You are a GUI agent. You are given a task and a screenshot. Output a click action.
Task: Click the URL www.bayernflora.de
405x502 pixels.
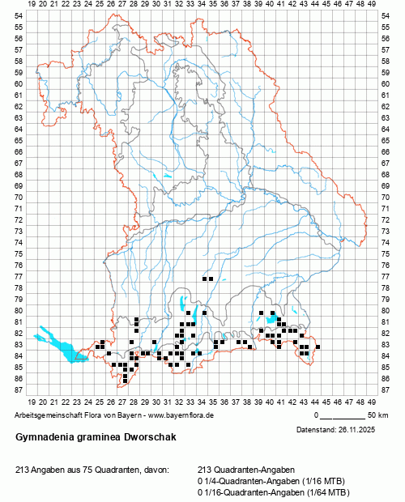click(183, 415)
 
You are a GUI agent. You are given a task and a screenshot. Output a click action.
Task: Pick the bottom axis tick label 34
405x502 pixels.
click(201, 401)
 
